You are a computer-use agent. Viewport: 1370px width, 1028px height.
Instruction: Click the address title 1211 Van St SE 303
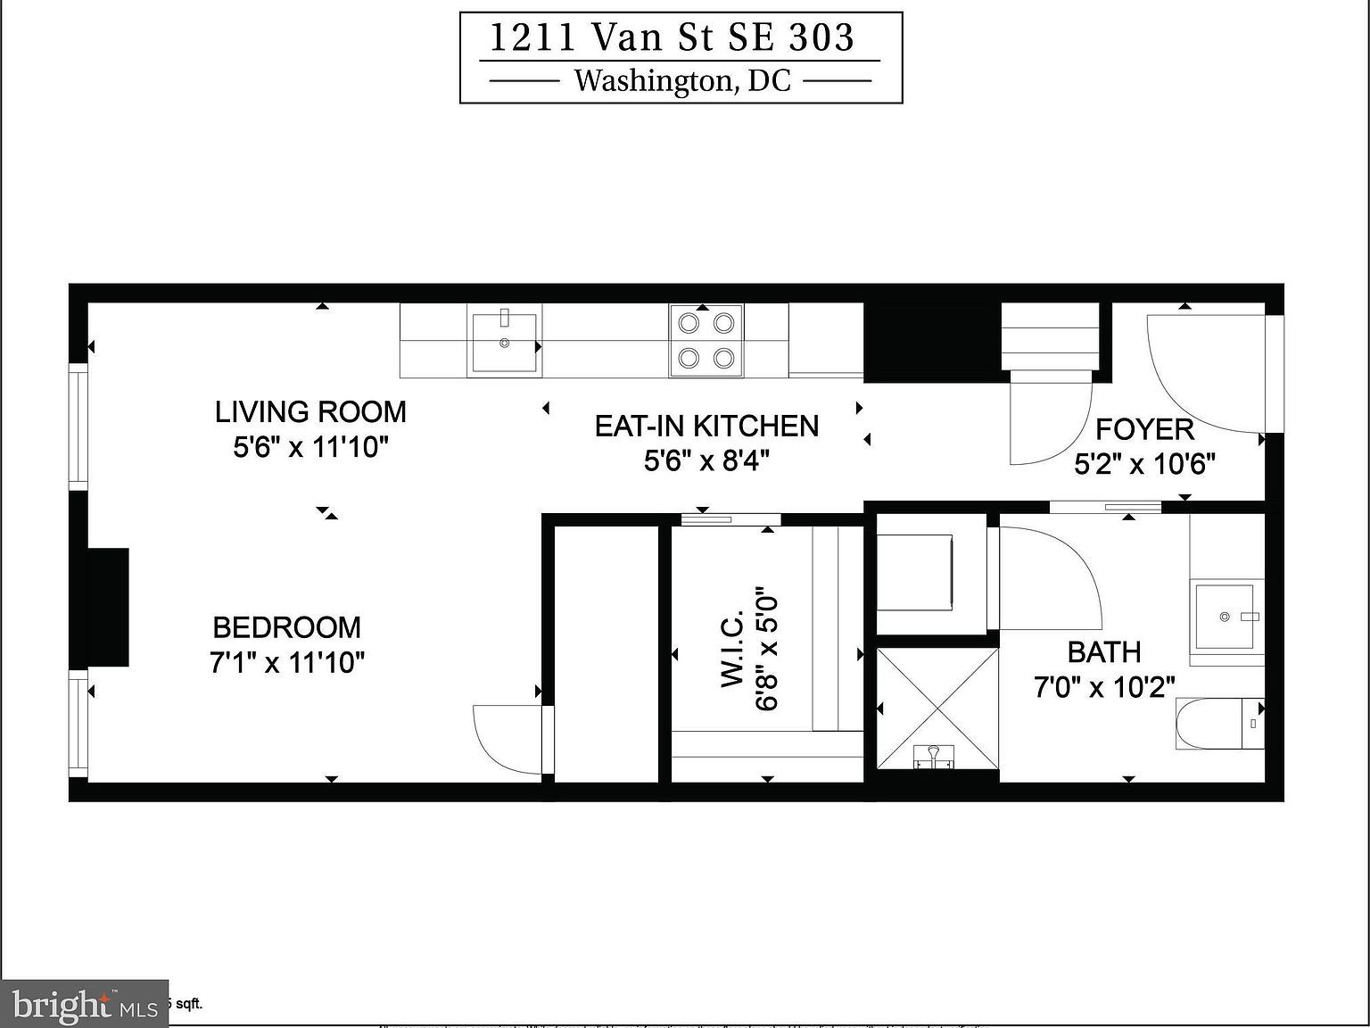[672, 38]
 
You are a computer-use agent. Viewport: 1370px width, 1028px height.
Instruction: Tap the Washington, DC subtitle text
[681, 81]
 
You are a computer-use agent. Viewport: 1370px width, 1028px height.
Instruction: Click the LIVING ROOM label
[310, 411]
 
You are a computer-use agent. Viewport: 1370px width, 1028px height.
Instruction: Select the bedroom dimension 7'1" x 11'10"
[288, 663]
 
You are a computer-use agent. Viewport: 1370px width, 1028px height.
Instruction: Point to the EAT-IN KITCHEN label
[706, 426]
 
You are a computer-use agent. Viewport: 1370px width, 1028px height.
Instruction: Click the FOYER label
[1144, 429]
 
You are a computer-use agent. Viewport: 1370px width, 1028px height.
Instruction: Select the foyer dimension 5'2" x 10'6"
[1144, 464]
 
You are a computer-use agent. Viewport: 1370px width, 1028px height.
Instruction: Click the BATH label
[1104, 652]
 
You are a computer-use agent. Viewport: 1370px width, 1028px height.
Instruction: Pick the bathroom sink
[1227, 617]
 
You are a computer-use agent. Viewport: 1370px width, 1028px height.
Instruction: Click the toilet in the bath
[1220, 724]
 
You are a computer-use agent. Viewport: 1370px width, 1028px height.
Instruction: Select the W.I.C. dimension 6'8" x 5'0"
[768, 649]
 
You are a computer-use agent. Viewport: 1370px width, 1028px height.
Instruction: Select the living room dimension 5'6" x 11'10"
[310, 446]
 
